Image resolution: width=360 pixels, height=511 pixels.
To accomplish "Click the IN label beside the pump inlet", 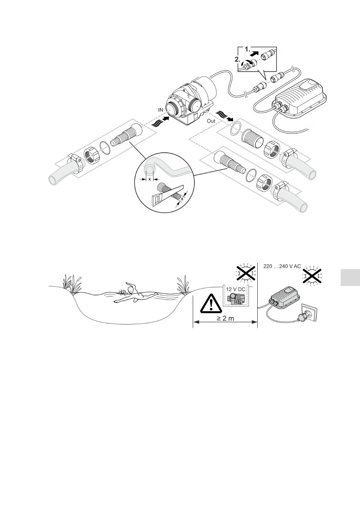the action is [x=161, y=110].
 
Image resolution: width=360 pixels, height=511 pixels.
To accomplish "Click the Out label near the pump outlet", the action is [x=211, y=121].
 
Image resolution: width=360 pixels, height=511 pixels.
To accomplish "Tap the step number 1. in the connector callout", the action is [x=248, y=49].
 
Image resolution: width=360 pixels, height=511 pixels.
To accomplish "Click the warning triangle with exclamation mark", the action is [x=211, y=304].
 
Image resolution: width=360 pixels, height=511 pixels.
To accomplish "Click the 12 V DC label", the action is [x=236, y=290].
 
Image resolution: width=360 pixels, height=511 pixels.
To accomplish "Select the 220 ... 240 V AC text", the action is [x=282, y=266].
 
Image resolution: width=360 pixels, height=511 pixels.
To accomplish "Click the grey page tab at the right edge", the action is [x=350, y=277].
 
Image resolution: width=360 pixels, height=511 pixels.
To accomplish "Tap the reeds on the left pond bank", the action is [x=72, y=284].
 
